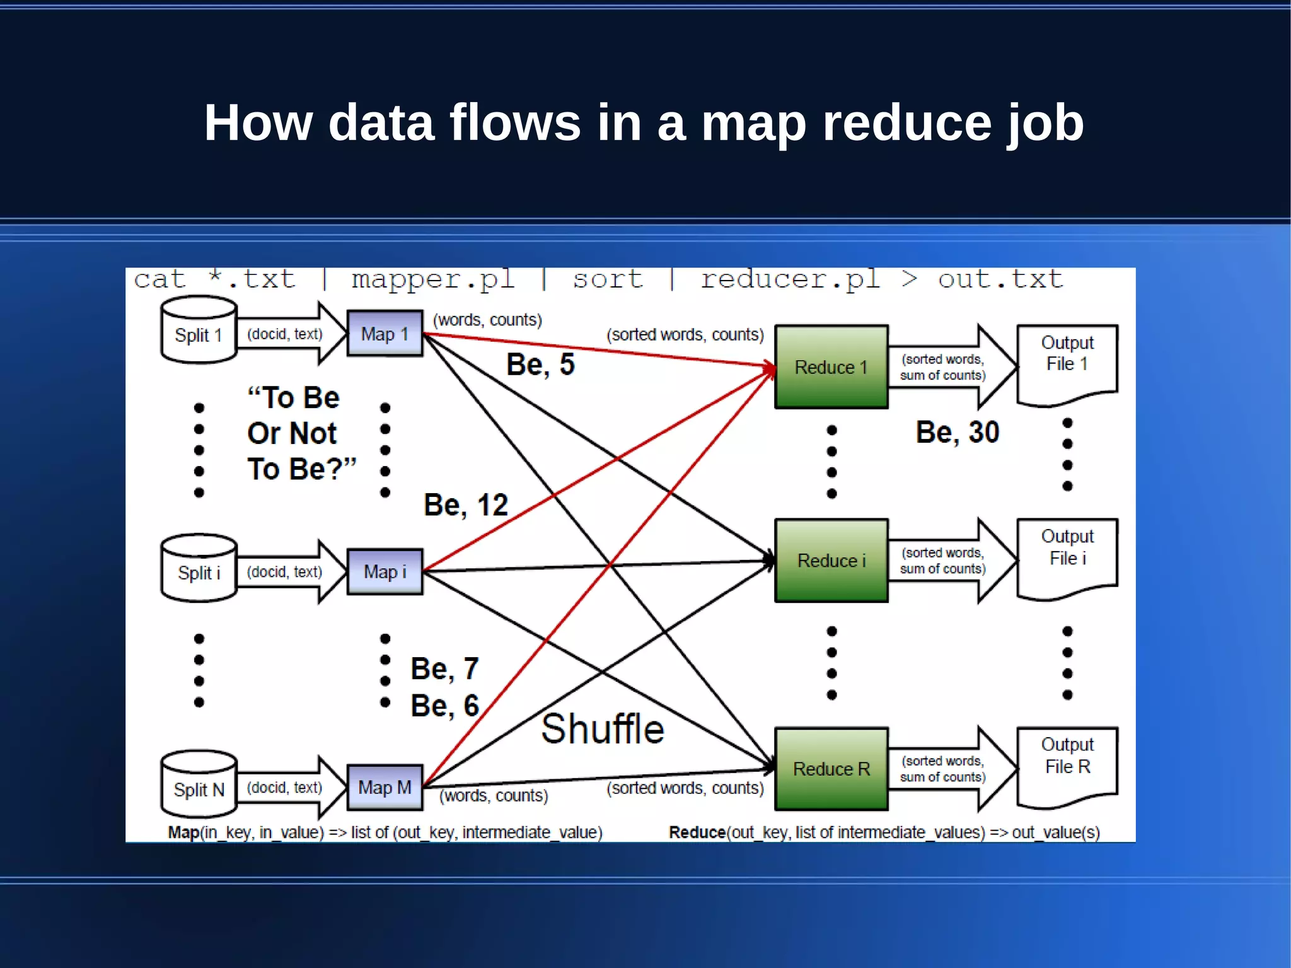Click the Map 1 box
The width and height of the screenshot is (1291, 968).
(385, 333)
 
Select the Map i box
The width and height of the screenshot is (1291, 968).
(385, 571)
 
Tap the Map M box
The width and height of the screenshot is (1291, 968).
(385, 787)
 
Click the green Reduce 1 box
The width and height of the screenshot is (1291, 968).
(831, 367)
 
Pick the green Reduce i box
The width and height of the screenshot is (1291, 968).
(831, 561)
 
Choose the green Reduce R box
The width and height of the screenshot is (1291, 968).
(831, 769)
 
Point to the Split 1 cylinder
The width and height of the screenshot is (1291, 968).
(199, 331)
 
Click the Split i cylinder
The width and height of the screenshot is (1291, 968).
(199, 569)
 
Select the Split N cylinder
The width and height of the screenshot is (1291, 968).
(199, 785)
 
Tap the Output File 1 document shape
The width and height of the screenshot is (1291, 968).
(1067, 363)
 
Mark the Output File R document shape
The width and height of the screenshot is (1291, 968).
(1067, 765)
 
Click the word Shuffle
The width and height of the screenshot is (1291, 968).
(603, 729)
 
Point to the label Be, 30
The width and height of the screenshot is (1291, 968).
(957, 433)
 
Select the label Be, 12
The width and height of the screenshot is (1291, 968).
(465, 505)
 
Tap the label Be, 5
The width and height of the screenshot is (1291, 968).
(540, 364)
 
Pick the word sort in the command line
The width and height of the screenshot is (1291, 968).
(608, 279)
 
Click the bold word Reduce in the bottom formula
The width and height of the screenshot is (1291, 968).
(697, 832)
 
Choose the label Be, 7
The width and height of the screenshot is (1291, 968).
(444, 668)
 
